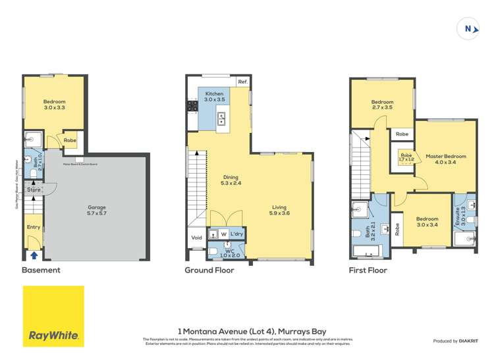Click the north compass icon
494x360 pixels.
point(468,28)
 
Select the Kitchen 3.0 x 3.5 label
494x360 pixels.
point(214,97)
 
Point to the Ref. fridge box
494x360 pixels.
point(242,82)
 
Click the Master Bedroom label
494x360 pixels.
point(445,159)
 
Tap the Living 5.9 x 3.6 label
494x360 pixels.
point(279,209)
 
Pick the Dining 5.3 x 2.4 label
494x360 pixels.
point(231,180)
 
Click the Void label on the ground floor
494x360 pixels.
point(196,238)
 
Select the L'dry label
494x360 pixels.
point(236,234)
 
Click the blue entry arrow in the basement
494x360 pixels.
point(34,255)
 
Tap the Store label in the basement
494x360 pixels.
point(34,190)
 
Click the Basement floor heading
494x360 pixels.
point(41,270)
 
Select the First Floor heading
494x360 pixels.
point(369,270)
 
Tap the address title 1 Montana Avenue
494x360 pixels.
point(252,331)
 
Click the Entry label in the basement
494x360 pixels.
point(34,227)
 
